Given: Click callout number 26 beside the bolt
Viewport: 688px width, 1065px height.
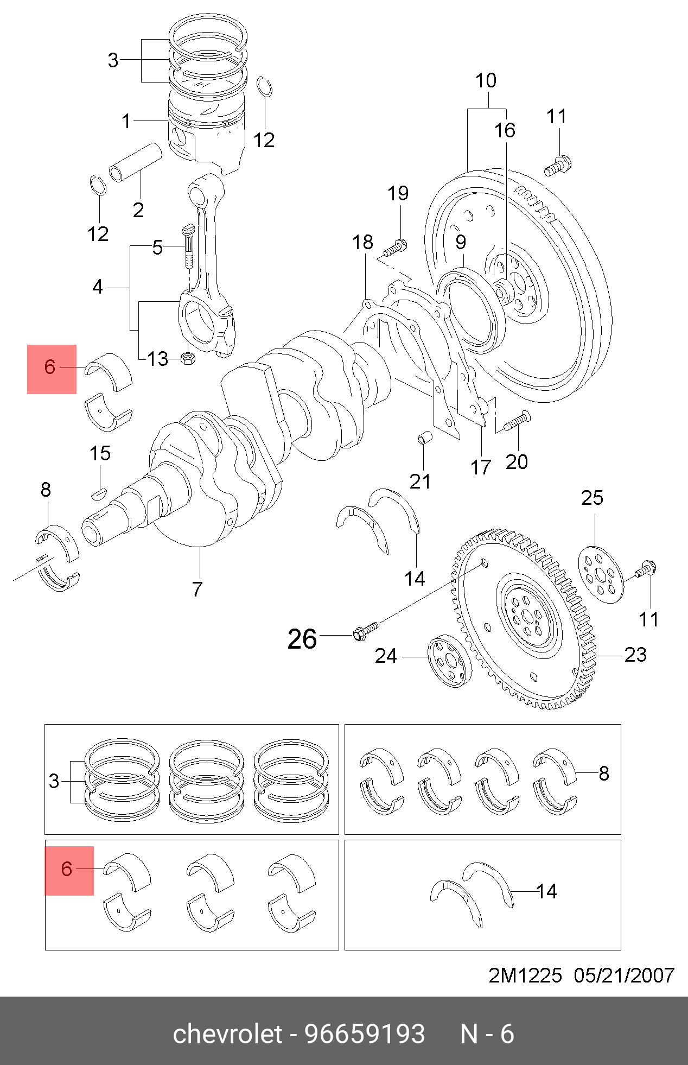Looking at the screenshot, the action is (302, 639).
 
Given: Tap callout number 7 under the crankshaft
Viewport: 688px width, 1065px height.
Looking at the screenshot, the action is (197, 589).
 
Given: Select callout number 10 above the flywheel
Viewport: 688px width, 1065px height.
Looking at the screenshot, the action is (486, 81).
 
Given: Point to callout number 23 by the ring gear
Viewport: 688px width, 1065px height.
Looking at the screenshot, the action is (635, 655).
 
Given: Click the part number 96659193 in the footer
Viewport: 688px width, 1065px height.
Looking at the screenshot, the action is (365, 1034).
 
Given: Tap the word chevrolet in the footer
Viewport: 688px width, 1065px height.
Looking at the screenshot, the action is (228, 1034).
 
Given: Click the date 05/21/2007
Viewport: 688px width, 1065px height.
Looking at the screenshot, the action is (624, 975).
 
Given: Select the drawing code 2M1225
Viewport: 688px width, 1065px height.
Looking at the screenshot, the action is (525, 975).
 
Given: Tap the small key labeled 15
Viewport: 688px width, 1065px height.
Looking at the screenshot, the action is (98, 493).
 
